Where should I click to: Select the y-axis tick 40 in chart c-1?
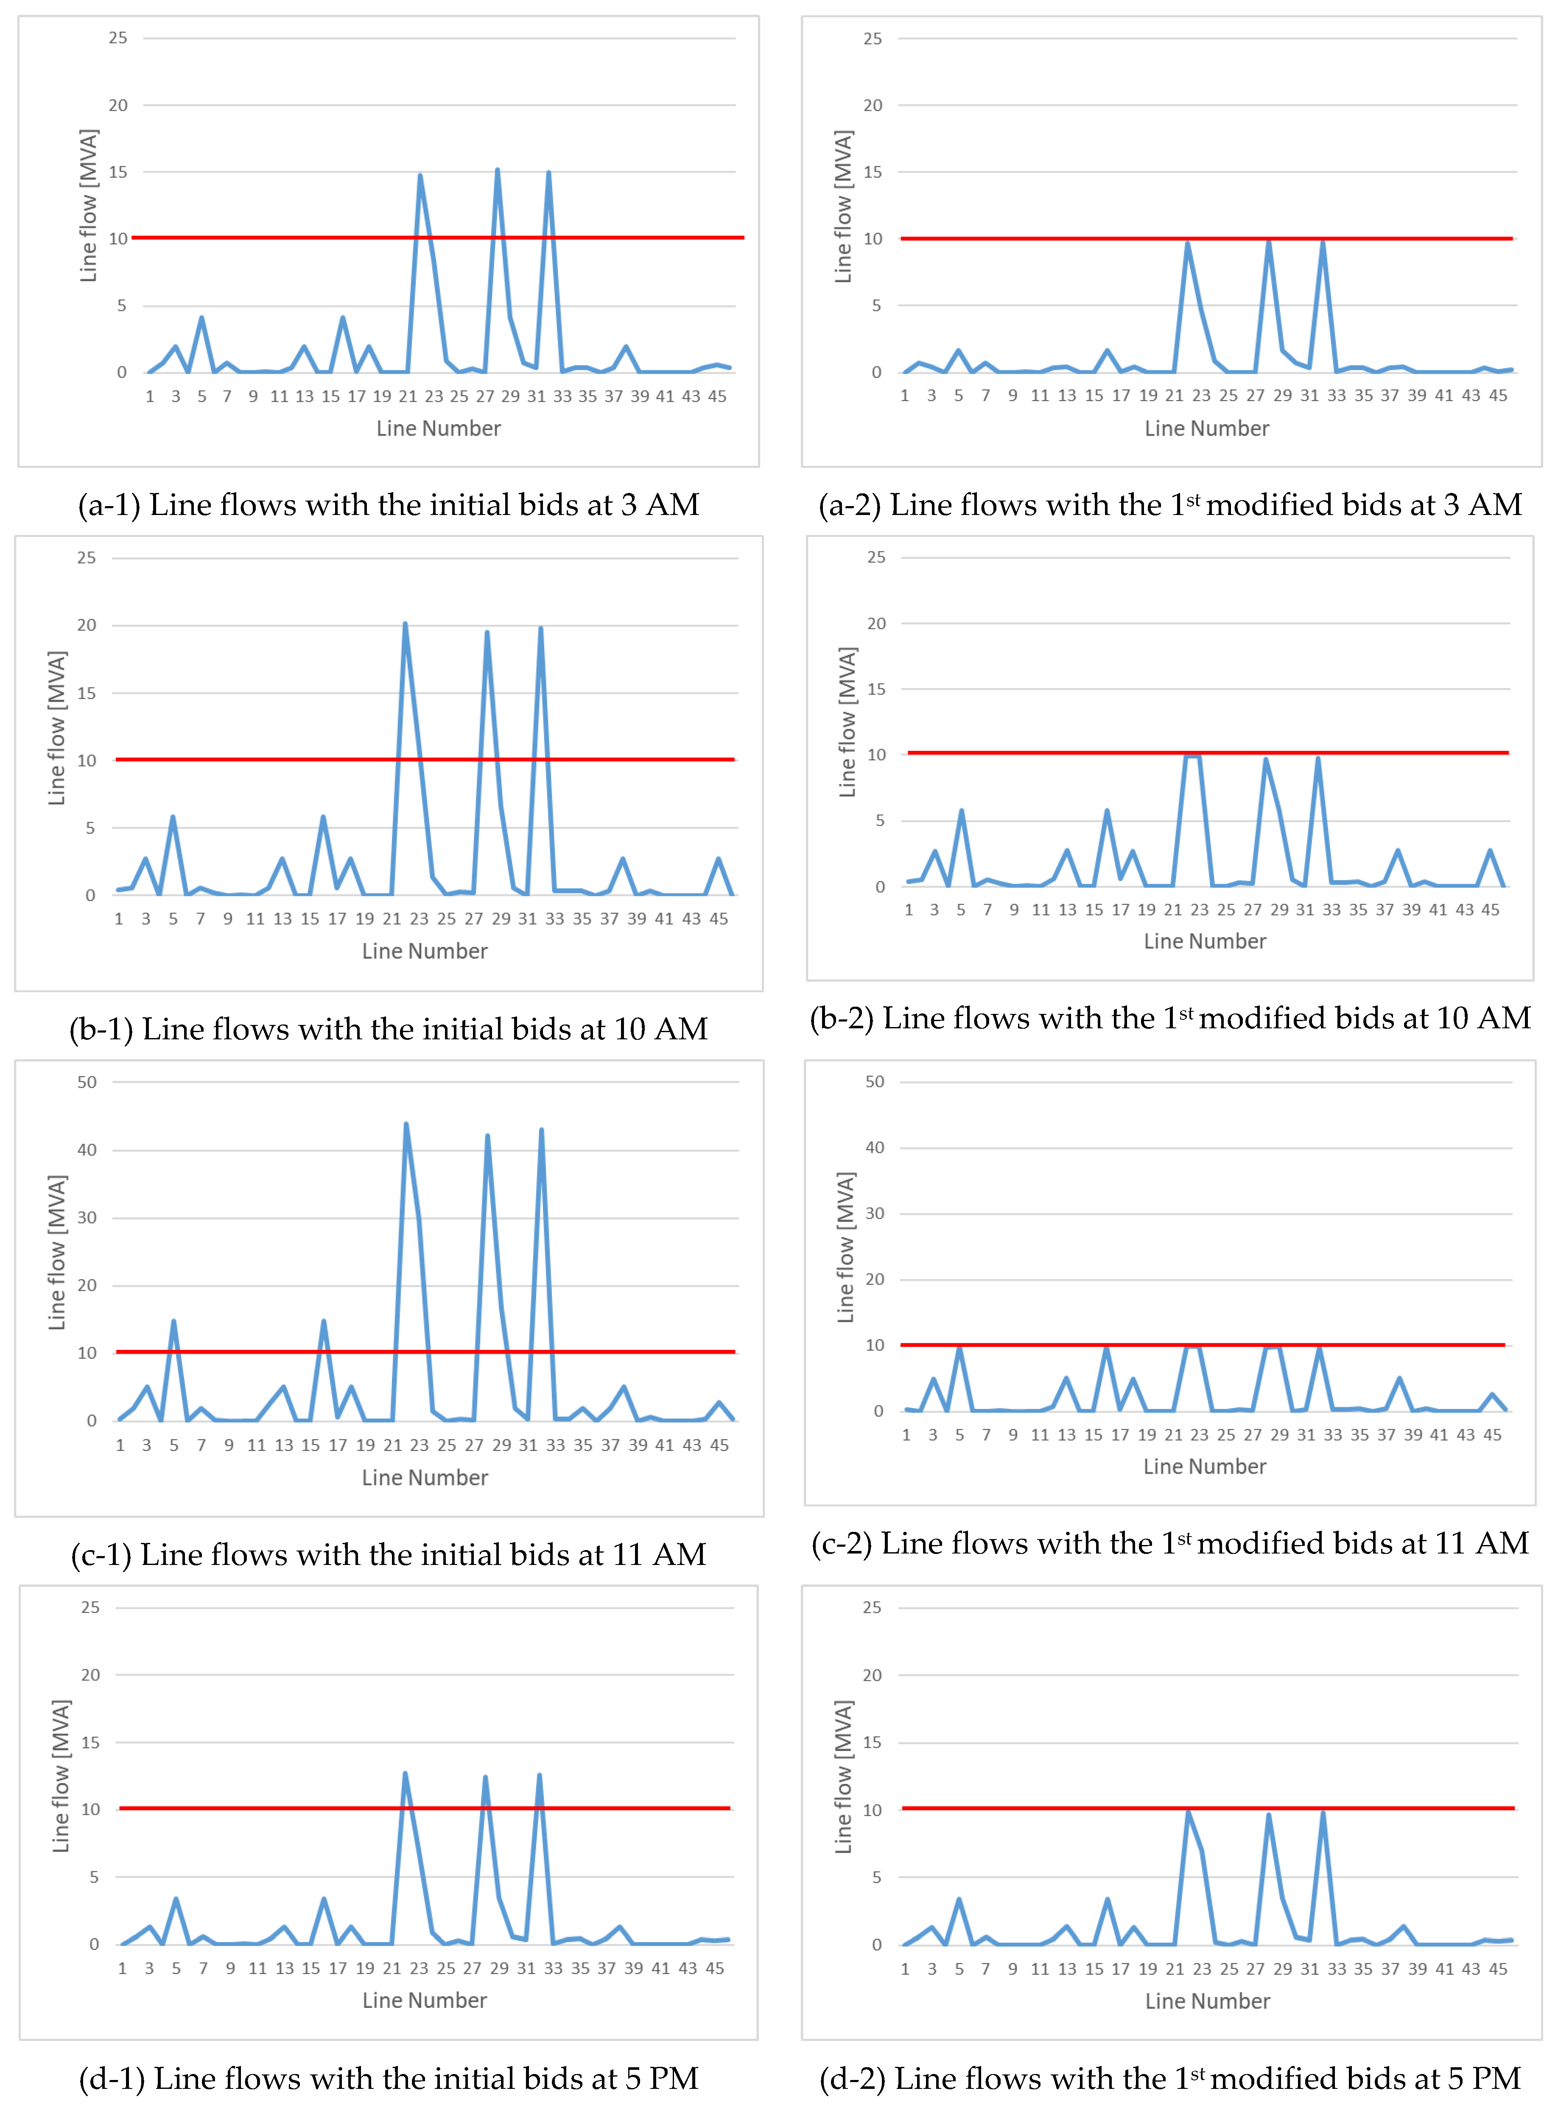(87, 1150)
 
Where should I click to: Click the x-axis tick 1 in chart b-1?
(119, 918)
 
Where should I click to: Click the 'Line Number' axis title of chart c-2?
(1204, 1467)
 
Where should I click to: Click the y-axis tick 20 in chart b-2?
(876, 623)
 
